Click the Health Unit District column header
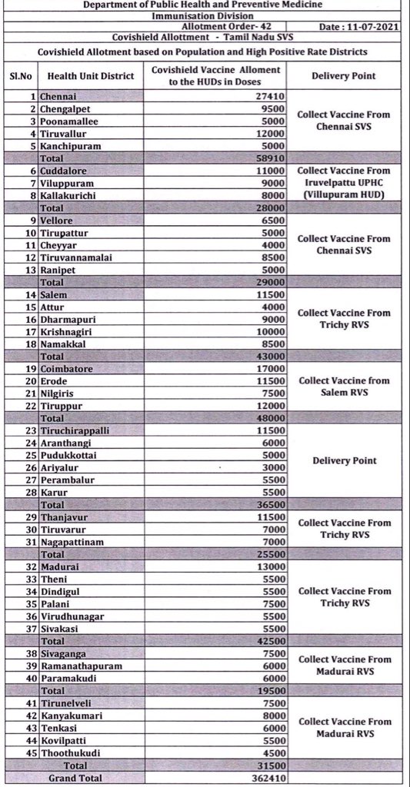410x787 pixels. pyautogui.click(x=91, y=76)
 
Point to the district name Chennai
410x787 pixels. pyautogui.click(x=60, y=97)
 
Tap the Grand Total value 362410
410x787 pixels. pyautogui.click(x=268, y=778)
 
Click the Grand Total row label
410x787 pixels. pyautogui.click(x=75, y=778)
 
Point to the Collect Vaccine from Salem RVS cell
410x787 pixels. pyautogui.click(x=344, y=386)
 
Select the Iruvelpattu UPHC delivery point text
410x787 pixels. pyautogui.click(x=344, y=183)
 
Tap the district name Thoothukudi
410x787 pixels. pyautogui.click(x=76, y=752)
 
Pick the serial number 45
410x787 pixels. pyautogui.click(x=30, y=752)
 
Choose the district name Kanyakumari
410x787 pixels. pyautogui.click(x=76, y=715)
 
